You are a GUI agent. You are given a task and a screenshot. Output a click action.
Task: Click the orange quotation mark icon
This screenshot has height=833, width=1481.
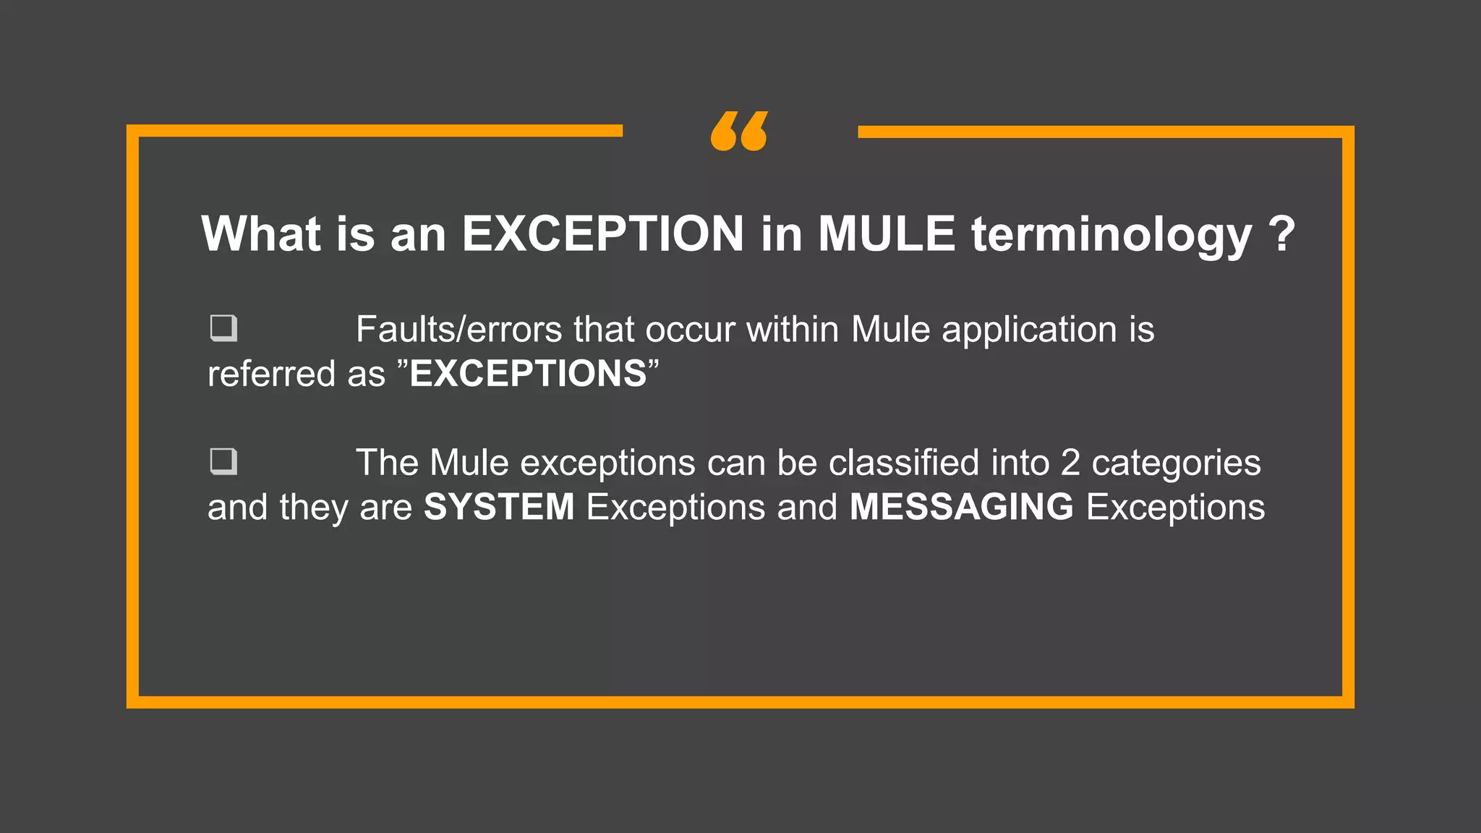pyautogui.click(x=739, y=132)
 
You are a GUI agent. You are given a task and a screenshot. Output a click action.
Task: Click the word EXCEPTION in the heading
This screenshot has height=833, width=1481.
pyautogui.click(x=602, y=234)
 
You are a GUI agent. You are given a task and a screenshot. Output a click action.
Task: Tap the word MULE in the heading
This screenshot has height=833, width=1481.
pyautogui.click(x=887, y=234)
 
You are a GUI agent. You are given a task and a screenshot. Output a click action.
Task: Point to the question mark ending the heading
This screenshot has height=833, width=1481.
pyautogui.click(x=1281, y=234)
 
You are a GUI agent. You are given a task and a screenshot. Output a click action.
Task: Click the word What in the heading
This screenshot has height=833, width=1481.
pyautogui.click(x=261, y=234)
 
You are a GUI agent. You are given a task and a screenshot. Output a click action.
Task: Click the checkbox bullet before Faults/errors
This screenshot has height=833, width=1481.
pyautogui.click(x=223, y=328)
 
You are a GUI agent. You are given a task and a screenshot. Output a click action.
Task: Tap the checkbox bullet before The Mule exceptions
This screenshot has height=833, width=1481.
pyautogui.click(x=223, y=461)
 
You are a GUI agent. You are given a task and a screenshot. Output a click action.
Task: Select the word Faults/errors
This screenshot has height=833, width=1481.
pyautogui.click(x=458, y=330)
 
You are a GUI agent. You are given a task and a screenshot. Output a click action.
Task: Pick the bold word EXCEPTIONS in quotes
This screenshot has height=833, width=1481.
pyautogui.click(x=528, y=374)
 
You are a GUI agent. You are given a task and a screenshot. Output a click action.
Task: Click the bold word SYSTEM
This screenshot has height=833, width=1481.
pyautogui.click(x=499, y=507)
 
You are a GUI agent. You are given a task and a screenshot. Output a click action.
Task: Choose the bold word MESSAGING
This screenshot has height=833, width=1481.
pyautogui.click(x=961, y=507)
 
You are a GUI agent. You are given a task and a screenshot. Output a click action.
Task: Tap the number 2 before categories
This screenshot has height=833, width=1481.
pyautogui.click(x=1070, y=463)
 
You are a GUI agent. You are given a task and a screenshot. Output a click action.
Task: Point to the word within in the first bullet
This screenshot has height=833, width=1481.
pyautogui.click(x=793, y=330)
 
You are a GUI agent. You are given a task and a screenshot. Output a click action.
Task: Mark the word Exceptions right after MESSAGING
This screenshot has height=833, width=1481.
pyautogui.click(x=1175, y=508)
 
